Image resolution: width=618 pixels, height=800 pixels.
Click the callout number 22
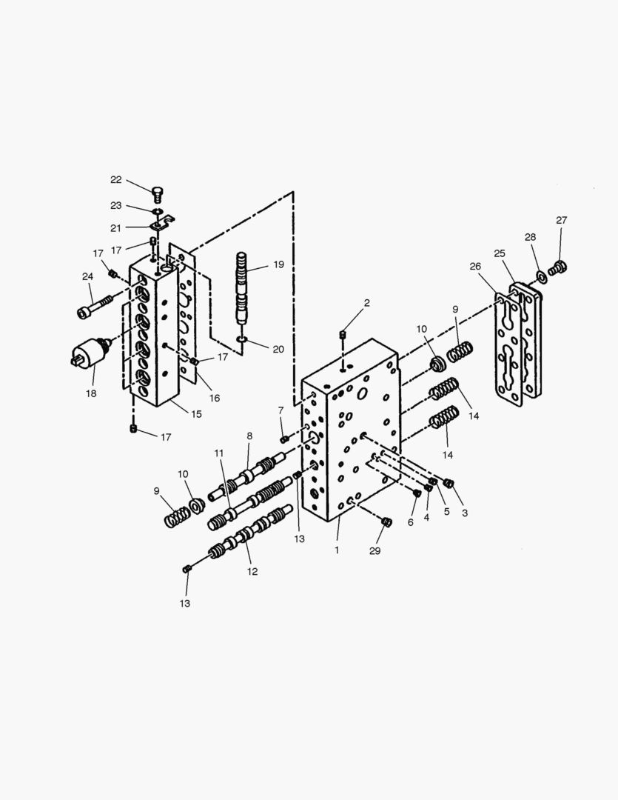[x=116, y=179]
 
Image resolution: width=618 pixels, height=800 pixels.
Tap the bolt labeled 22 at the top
[x=158, y=194]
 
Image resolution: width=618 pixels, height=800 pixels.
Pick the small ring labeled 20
[x=242, y=339]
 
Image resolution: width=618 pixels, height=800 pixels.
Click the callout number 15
[x=196, y=414]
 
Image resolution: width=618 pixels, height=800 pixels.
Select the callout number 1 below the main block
[x=337, y=550]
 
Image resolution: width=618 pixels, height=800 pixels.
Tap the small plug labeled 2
[x=344, y=337]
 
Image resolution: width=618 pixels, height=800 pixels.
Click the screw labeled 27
[x=560, y=265]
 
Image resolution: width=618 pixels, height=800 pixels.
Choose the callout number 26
[x=475, y=266]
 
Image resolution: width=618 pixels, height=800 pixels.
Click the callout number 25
[x=500, y=253]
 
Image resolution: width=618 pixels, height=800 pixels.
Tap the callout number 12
[x=252, y=571]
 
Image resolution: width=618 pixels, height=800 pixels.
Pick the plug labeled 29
[x=385, y=522]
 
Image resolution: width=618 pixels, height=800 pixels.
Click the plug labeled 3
[x=448, y=484]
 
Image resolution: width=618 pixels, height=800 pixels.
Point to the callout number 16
[x=214, y=398]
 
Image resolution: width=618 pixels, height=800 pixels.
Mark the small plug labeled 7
[x=284, y=439]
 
